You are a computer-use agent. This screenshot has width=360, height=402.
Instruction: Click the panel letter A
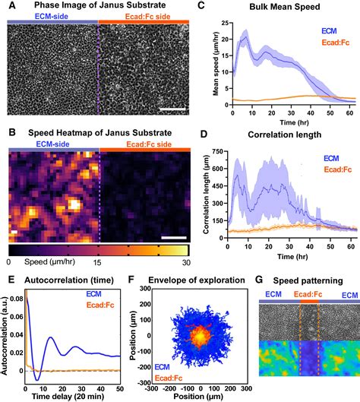pyautogui.click(x=11, y=6)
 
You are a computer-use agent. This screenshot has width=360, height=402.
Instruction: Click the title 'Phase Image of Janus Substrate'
pyautogui.click(x=99, y=7)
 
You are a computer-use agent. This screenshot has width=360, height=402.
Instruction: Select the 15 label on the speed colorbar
pyautogui.click(x=98, y=261)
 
